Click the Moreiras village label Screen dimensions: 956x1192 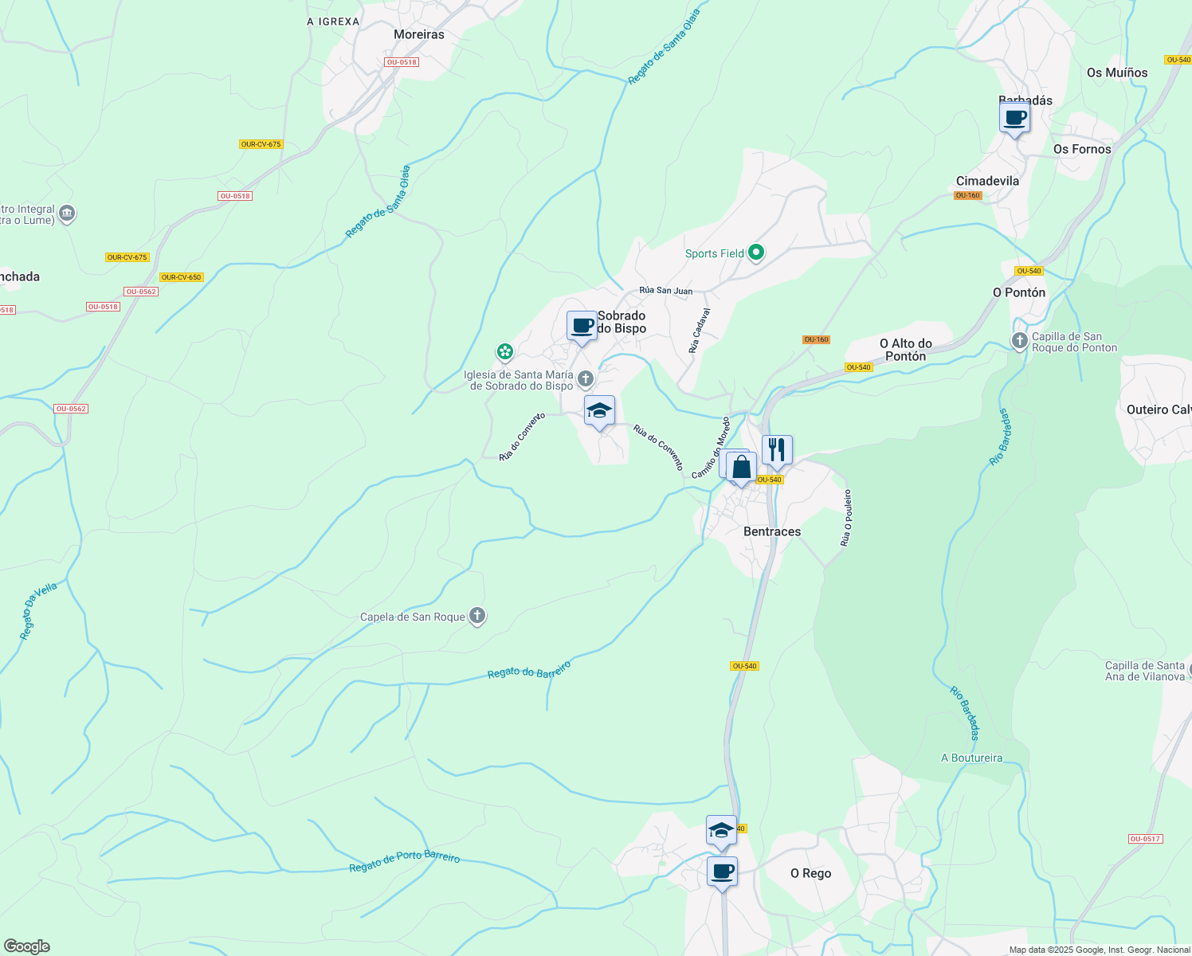pyautogui.click(x=419, y=34)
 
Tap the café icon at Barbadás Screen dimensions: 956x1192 pyautogui.click(x=1014, y=119)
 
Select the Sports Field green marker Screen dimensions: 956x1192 pyautogui.click(x=756, y=253)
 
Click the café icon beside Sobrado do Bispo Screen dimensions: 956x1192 pyautogui.click(x=582, y=326)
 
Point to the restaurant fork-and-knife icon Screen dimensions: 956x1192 pyautogui.click(x=777, y=450)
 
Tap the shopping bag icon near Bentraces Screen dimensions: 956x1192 pyautogui.click(x=741, y=467)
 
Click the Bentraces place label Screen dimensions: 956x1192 pyautogui.click(x=771, y=531)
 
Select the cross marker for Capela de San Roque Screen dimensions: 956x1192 pyautogui.click(x=476, y=616)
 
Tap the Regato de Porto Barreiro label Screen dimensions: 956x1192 pyautogui.click(x=405, y=861)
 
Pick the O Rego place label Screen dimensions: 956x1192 pyautogui.click(x=810, y=873)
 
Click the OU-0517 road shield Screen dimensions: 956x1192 pyautogui.click(x=1145, y=839)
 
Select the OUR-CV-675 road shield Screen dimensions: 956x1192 pyautogui.click(x=261, y=144)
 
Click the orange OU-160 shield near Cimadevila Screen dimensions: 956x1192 pyautogui.click(x=967, y=195)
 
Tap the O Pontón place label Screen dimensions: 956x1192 pyautogui.click(x=1019, y=292)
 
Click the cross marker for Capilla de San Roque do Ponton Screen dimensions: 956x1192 pyautogui.click(x=1019, y=342)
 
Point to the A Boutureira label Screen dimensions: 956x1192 pyautogui.click(x=971, y=758)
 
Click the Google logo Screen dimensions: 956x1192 pyautogui.click(x=27, y=946)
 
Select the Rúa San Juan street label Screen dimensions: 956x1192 pyautogui.click(x=665, y=291)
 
